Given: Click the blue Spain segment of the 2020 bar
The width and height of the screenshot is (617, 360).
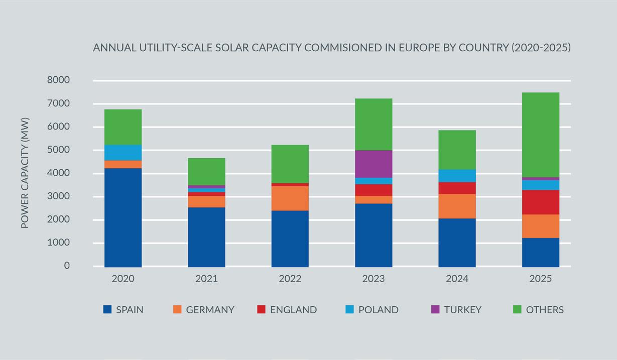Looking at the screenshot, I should pos(123,217).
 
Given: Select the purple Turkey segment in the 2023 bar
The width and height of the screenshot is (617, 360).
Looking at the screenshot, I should pos(374,164).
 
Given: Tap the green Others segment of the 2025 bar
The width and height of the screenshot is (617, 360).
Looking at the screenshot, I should pos(540,135).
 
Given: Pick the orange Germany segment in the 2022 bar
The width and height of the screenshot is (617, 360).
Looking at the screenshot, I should pos(290,198).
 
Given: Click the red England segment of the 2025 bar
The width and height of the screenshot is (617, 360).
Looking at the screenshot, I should pos(540,202).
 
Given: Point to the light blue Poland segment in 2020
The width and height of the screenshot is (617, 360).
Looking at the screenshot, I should pos(123,153).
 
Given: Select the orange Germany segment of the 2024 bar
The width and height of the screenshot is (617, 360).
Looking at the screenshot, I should pos(457,206).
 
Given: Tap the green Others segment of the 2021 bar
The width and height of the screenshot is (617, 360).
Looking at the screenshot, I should pos(206,172).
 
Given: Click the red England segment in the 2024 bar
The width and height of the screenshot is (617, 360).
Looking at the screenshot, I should pos(457,188).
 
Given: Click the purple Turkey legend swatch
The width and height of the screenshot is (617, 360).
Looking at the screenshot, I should pos(435,309).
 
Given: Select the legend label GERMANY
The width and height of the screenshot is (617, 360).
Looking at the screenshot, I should pos(210,310).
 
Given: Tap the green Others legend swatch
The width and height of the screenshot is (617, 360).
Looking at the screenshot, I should pos(517,309).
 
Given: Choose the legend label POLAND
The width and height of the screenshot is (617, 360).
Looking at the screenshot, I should pos(378,310).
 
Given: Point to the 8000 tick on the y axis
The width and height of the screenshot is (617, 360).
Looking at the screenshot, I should pos(59,80).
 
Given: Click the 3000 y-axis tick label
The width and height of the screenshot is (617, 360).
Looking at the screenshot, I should pos(59,196).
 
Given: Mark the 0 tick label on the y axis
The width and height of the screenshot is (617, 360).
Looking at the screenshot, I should pos(67,266).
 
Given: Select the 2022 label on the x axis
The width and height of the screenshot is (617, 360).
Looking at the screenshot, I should pos(290,279).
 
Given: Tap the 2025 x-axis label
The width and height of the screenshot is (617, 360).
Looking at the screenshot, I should pos(540,279).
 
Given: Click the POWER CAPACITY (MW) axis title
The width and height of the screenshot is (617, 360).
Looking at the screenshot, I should pos(25,173).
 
